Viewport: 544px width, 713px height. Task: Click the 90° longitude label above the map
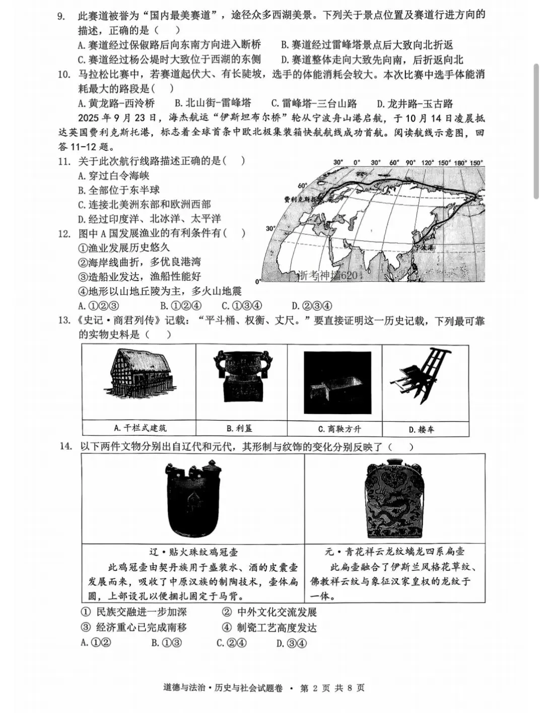point(411,163)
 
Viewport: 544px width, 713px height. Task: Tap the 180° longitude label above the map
point(460,163)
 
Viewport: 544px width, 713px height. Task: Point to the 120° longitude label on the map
point(428,163)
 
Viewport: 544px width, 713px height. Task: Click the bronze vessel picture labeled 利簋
point(241,377)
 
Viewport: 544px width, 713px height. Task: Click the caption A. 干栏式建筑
point(140,428)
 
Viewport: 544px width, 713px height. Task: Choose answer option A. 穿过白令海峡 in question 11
point(114,176)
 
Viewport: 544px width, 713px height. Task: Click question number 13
point(64,320)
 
